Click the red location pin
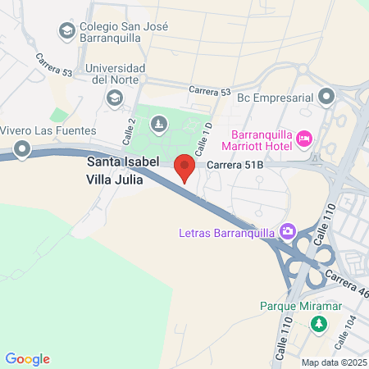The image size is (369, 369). (x=185, y=166)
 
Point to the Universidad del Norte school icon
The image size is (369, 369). (x=114, y=98)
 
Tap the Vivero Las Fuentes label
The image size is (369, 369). (x=48, y=130)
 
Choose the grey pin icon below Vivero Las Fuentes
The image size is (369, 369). (x=21, y=149)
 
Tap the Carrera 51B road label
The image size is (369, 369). (x=235, y=166)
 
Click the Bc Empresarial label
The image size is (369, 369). (x=276, y=98)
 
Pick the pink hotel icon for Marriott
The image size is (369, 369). (x=304, y=139)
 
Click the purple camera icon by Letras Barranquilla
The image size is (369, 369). (x=287, y=231)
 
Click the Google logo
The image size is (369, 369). (x=27, y=359)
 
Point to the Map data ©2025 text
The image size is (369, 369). (x=333, y=362)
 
